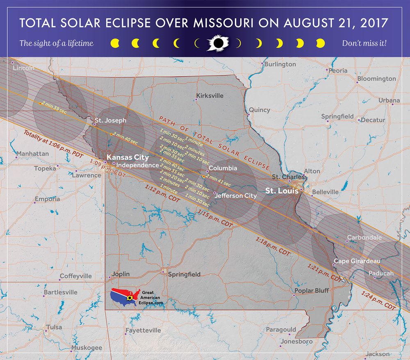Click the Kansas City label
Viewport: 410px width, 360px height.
(x=128, y=157)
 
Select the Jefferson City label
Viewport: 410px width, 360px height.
(x=236, y=196)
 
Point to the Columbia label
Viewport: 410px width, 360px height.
(x=223, y=168)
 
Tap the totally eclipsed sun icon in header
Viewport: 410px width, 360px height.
(x=217, y=43)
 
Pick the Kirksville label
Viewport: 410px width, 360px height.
(x=210, y=96)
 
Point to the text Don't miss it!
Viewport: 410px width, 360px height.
(x=364, y=43)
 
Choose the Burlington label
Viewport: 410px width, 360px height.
(x=280, y=64)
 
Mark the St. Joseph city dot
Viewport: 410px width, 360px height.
(x=95, y=124)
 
